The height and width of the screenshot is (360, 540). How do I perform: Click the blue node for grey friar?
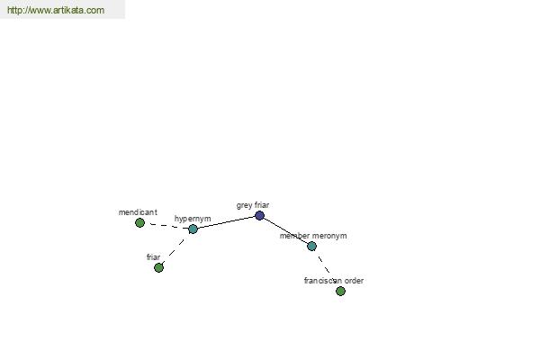pyautogui.click(x=260, y=216)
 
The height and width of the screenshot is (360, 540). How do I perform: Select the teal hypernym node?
pyautogui.click(x=193, y=229)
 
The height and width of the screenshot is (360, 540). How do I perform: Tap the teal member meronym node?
pyautogui.click(x=311, y=246)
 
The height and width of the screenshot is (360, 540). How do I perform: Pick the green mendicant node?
pyautogui.click(x=139, y=223)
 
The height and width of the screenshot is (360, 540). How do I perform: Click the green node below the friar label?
pyautogui.click(x=158, y=267)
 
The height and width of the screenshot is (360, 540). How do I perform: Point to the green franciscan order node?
pyautogui.click(x=340, y=291)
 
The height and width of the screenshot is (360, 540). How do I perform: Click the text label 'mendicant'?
pyautogui.click(x=138, y=212)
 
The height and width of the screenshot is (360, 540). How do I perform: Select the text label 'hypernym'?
pyautogui.click(x=193, y=219)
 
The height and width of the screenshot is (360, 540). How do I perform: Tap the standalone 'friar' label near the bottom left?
pyautogui.click(x=153, y=257)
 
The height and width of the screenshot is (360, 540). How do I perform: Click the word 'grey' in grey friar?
pyautogui.click(x=244, y=206)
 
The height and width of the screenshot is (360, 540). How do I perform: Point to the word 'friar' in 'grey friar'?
pyautogui.click(x=261, y=205)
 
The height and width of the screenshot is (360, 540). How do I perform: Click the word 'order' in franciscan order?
pyautogui.click(x=354, y=281)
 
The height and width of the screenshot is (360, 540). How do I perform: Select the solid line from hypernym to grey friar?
pyautogui.click(x=226, y=222)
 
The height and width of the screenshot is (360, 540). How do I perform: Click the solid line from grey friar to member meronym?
pyautogui.click(x=286, y=230)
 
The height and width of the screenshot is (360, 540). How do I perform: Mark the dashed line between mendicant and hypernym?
pyautogui.click(x=166, y=226)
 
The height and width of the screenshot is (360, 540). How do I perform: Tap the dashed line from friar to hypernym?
pyautogui.click(x=176, y=248)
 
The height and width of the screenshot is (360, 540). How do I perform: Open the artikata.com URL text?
pyautogui.click(x=56, y=10)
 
